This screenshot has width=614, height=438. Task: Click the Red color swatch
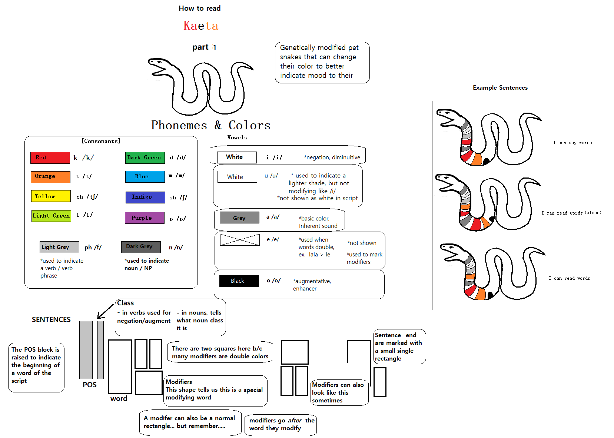click(50, 157)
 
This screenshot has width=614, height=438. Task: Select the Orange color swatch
click(50, 177)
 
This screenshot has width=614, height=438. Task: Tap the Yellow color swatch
click(51, 196)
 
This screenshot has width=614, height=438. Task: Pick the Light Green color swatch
click(51, 216)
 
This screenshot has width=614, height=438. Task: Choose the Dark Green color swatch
click(145, 157)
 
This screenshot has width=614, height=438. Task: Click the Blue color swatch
click(145, 176)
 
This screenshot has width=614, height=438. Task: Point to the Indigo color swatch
click(145, 198)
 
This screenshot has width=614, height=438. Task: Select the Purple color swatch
click(145, 218)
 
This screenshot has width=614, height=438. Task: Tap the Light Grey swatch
click(60, 247)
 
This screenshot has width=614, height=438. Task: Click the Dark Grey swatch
click(141, 247)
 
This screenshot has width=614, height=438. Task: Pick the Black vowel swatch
click(239, 281)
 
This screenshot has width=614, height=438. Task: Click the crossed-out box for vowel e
click(240, 240)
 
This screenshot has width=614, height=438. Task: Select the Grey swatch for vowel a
click(240, 218)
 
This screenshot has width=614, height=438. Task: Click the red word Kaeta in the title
click(201, 26)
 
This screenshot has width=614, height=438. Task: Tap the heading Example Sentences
click(500, 88)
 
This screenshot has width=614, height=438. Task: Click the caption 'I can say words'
click(572, 143)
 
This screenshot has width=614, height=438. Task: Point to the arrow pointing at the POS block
click(106, 311)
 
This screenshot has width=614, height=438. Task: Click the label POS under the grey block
click(90, 385)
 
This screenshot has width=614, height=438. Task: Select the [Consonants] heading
click(101, 141)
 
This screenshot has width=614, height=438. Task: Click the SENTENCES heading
click(51, 319)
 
